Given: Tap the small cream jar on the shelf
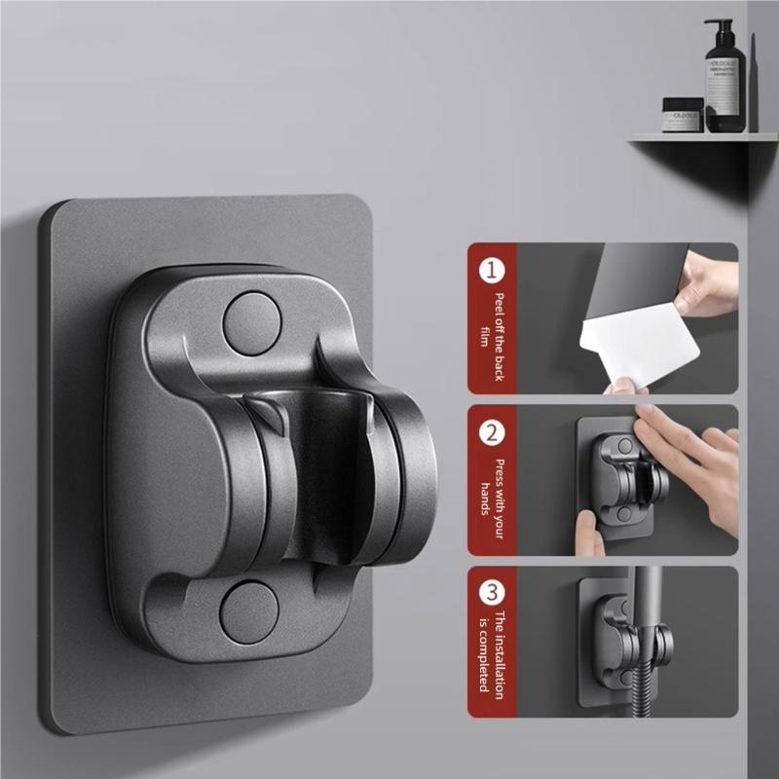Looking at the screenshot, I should point(683,116).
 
